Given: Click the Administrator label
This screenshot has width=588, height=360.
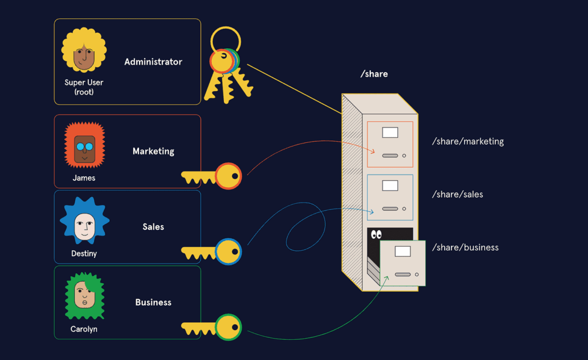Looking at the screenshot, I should coord(153,62).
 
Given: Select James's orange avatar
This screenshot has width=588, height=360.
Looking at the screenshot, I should coord(84,146).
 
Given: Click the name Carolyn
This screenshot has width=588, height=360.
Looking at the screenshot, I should coord(84,330).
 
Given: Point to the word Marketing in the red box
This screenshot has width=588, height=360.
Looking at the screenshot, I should coord(153,152).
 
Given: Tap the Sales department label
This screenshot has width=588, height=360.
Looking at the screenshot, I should coord(153,227).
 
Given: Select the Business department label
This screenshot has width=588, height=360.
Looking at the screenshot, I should coord(153,303).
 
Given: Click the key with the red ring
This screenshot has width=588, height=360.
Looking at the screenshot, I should coord(212,176).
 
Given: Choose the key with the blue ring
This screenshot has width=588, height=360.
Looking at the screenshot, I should coord(212,251).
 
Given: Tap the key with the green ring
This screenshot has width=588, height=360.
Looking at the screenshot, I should coord(212,327).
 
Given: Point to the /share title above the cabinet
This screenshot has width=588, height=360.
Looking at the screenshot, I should coord(374,74).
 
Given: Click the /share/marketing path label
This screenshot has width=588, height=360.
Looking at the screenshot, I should coord(467,141).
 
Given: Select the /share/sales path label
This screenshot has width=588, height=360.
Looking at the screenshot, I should coord(457,195).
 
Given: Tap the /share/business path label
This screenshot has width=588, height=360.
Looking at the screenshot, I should coord(465,248).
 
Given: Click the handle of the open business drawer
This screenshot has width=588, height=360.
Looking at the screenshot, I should coord(403,274).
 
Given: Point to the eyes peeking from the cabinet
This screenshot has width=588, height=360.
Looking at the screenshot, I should coord(376,234).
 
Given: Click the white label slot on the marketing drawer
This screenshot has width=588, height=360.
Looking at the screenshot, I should coord(390,133).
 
